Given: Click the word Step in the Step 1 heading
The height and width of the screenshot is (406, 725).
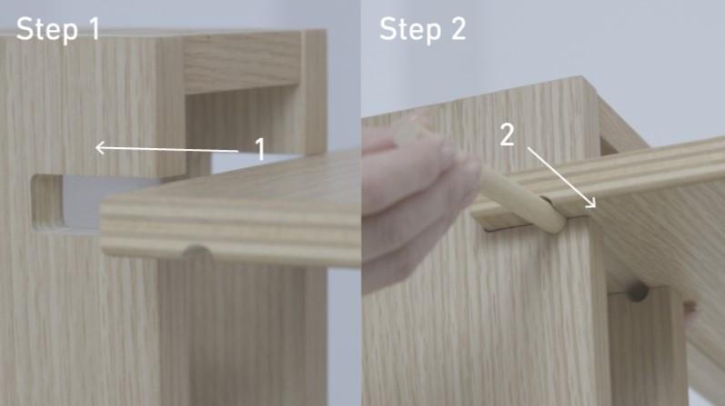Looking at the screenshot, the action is tap(46, 30).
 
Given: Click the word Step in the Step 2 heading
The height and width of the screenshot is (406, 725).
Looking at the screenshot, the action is tap(409, 30).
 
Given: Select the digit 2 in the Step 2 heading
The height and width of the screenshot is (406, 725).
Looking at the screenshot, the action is tap(458, 29).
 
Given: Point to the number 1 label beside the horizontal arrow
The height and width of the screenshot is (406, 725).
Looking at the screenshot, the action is tap(261, 149).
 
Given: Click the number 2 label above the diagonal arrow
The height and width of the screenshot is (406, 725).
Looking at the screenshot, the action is tap(508, 134).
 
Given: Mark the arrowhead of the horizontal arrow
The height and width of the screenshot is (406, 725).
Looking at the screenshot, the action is tap(100, 148).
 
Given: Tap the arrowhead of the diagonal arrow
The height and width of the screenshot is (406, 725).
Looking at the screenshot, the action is tap(591, 203).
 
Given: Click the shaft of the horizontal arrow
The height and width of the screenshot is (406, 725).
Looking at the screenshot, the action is tap(166, 149).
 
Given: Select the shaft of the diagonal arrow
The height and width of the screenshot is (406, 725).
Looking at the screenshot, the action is tap(561, 177).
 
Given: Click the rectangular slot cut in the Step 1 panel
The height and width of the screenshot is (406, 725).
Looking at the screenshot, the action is tap(65, 203).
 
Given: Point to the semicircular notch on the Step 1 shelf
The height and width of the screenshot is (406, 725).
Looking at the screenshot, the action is tap(197, 253).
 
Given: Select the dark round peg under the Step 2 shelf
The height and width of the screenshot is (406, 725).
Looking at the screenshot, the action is tap(638, 292).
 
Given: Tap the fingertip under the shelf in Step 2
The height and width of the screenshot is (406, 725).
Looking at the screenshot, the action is tap(690, 314).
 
